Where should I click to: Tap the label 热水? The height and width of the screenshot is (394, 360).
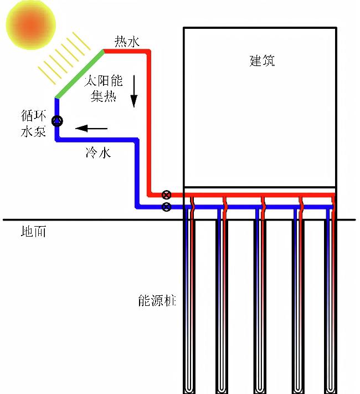(127, 42)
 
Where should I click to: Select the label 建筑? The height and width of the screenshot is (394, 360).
(262, 60)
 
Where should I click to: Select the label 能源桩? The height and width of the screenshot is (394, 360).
(157, 301)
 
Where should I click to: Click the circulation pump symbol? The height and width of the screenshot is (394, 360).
(57, 121)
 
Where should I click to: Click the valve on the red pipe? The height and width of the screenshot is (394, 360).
(166, 195)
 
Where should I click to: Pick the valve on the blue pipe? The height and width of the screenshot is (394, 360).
(166, 207)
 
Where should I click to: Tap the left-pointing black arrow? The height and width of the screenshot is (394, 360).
(91, 129)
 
